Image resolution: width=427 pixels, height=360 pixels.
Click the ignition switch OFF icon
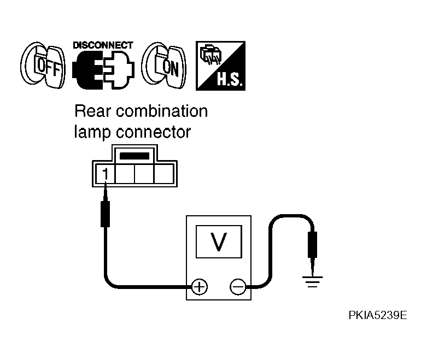coord(43,66)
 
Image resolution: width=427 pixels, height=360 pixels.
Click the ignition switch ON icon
coord(164,66)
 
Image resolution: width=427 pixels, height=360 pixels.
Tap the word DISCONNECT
coord(103,45)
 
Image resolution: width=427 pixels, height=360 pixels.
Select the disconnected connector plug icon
coord(103,70)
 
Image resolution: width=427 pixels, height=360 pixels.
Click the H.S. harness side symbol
coord(220,66)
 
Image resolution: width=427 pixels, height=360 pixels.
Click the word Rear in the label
coord(93,111)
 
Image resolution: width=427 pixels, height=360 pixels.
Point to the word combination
coord(162,111)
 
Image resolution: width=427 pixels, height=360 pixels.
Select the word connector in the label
coord(153,133)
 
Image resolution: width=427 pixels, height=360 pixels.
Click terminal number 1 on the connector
coord(106,174)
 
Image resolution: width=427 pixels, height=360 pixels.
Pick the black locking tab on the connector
coord(134,156)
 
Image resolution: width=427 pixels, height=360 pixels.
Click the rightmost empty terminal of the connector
coord(163,174)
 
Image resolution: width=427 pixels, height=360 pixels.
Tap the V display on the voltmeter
coord(219,241)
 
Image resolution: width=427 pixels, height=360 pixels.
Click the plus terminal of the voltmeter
coord(200,287)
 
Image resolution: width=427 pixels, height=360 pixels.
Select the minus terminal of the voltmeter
coord(238,287)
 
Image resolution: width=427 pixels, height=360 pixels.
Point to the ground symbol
coord(312,282)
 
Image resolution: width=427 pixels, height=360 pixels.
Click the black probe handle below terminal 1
coord(106,214)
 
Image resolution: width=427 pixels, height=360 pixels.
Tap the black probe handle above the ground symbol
coord(312,245)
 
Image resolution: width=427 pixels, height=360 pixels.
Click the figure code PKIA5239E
coord(378,315)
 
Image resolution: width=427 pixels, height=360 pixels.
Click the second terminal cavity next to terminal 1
coord(125,174)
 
